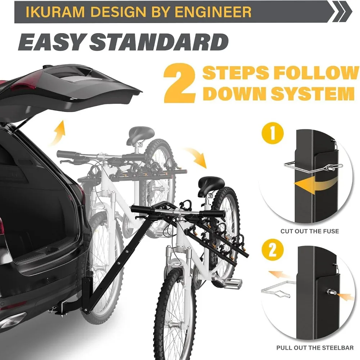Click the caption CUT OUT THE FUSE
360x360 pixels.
[310, 231]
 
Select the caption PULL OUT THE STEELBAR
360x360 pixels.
[315, 348]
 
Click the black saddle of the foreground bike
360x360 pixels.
[211, 181]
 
